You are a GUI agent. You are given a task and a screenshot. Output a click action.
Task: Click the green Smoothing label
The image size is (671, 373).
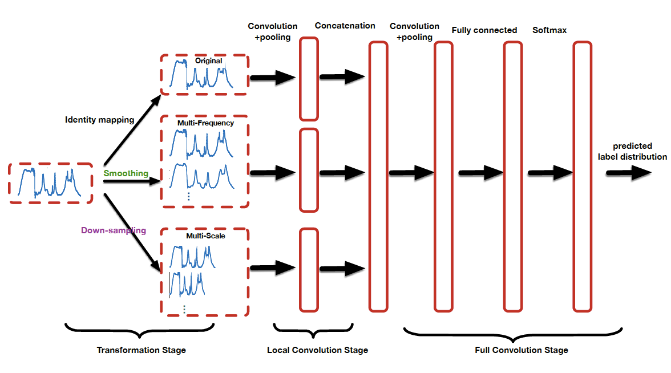point(126,173)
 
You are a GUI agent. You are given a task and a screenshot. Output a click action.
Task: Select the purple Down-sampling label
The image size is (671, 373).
point(113,230)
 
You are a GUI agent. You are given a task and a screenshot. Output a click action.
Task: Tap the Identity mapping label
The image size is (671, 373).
point(99,120)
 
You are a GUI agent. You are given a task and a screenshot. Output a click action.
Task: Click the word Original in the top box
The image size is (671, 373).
point(208,60)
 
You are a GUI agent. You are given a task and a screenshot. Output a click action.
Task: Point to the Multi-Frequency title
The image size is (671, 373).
point(205,123)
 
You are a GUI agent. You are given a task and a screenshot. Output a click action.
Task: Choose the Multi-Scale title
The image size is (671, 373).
point(205,235)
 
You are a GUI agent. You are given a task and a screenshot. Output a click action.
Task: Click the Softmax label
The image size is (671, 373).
point(549,30)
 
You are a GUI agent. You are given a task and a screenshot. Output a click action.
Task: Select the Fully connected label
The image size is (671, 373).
point(484,30)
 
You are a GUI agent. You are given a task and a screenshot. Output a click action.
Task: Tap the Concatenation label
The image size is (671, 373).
point(345,26)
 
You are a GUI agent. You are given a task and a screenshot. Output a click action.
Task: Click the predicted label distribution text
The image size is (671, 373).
point(632,151)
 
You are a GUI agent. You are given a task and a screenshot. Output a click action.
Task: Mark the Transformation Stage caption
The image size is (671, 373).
point(141,350)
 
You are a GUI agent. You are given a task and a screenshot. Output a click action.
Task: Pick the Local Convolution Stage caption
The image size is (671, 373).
point(317,350)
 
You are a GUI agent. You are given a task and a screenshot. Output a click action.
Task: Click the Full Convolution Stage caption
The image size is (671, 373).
point(522,350)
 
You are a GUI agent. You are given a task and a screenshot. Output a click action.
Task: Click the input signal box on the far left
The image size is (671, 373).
point(51,183)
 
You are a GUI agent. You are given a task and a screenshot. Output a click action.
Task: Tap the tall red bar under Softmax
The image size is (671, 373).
point(583,176)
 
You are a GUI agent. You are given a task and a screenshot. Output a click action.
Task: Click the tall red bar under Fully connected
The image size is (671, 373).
point(512,176)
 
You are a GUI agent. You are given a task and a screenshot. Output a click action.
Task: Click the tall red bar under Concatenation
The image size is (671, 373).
point(378,176)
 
